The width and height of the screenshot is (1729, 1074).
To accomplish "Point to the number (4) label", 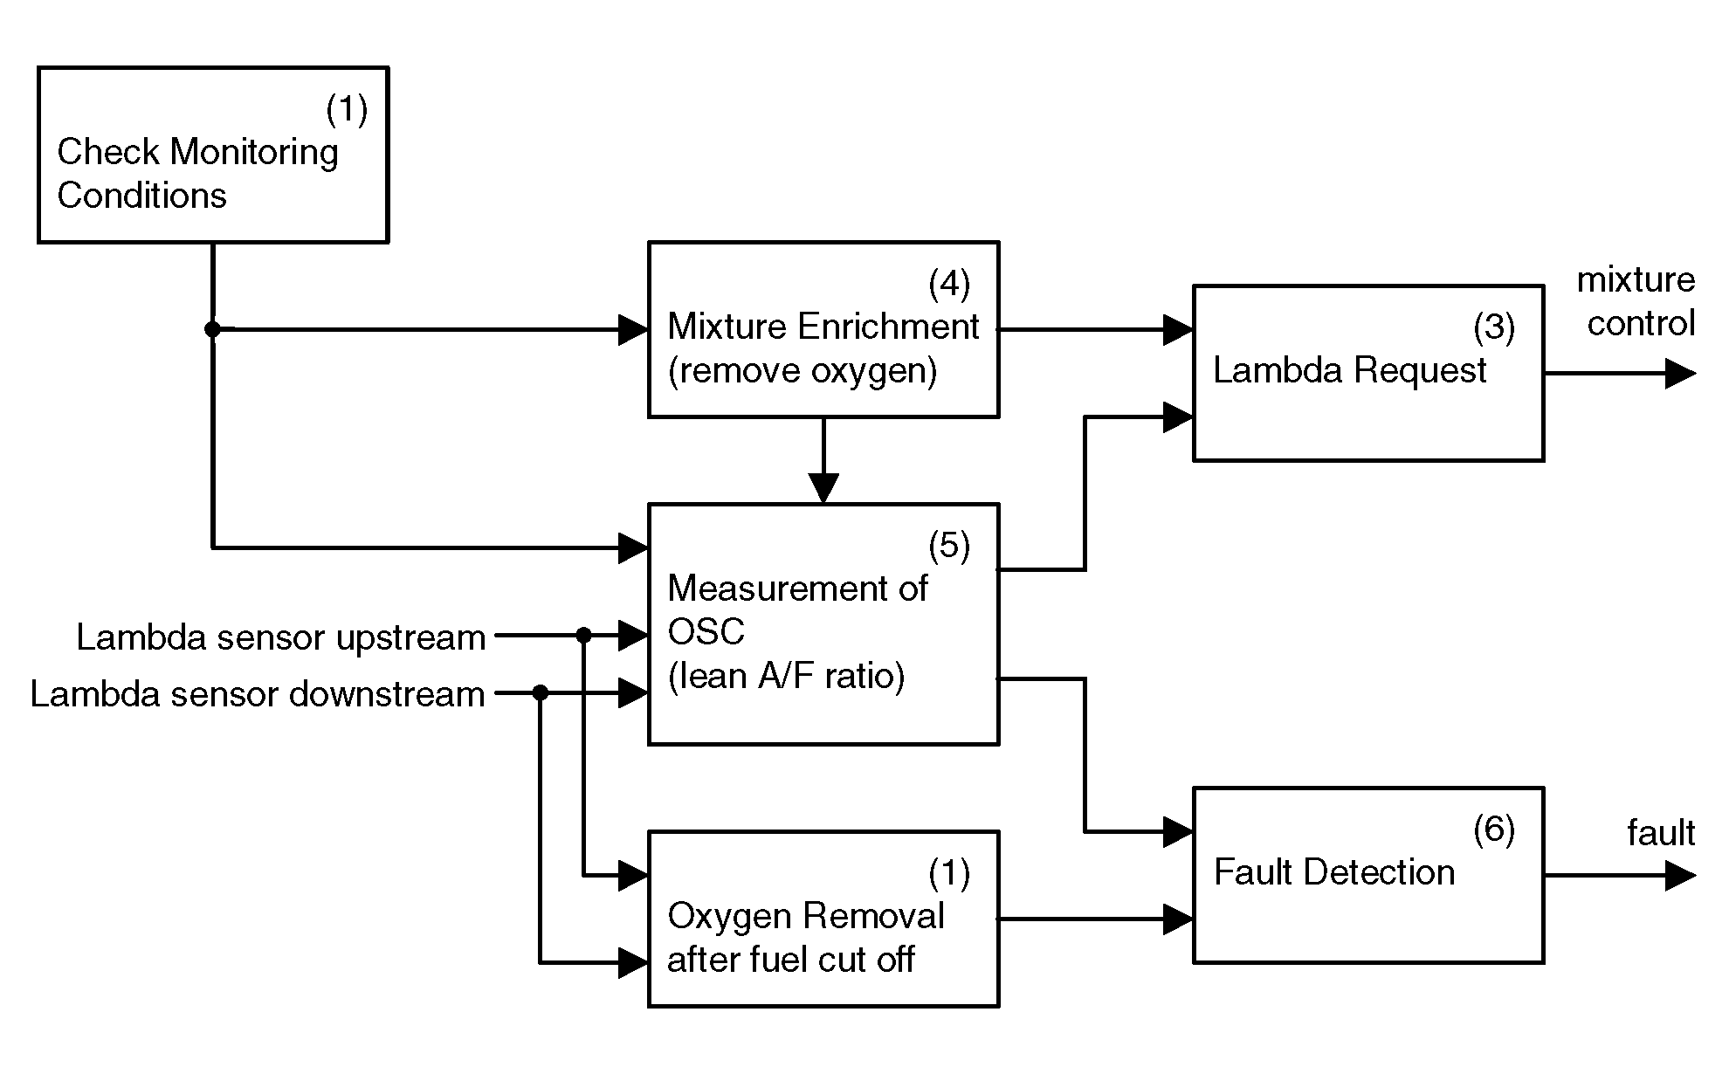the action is click(x=949, y=284).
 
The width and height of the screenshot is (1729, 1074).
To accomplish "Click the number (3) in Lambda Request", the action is click(x=1494, y=327).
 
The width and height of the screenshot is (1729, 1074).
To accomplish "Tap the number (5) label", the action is click(x=949, y=546).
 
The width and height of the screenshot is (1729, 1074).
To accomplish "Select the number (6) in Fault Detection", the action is click(x=1494, y=830).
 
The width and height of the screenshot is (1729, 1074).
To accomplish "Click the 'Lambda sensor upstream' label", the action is click(x=280, y=637).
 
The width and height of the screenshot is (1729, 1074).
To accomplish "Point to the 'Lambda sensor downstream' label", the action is click(x=258, y=694).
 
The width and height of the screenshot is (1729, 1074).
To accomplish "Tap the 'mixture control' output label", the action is click(x=1636, y=301).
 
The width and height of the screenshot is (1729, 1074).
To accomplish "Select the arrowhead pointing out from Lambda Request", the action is click(x=1681, y=373).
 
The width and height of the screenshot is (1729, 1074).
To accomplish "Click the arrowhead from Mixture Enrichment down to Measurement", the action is click(x=823, y=488).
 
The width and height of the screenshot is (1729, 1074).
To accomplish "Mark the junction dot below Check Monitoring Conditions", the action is click(x=212, y=329).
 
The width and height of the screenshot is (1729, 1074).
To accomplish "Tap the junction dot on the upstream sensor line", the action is click(x=584, y=636).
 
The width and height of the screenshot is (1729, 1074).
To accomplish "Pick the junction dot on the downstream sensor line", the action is click(x=541, y=693).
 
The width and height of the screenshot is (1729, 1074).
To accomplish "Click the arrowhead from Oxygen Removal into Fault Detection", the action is click(x=1179, y=919).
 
